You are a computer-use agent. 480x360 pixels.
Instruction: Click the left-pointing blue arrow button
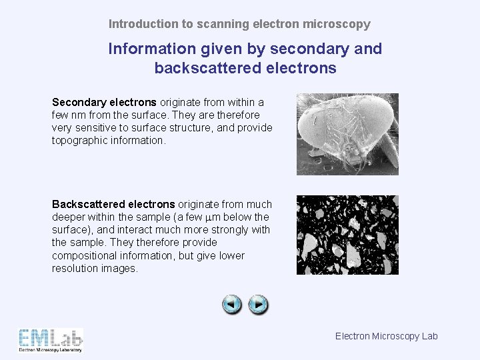pyautogui.click(x=231, y=305)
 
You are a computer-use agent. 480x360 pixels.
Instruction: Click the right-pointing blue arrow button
pyautogui.click(x=258, y=305)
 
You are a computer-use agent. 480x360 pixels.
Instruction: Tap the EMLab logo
pyautogui.click(x=51, y=339)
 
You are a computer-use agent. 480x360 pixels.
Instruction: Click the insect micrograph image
pyautogui.click(x=347, y=134)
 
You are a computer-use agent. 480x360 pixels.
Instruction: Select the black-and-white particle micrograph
pyautogui.click(x=347, y=235)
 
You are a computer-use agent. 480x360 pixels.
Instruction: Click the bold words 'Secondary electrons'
pyautogui.click(x=104, y=103)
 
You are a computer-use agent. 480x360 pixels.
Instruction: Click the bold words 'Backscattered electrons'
pyautogui.click(x=113, y=204)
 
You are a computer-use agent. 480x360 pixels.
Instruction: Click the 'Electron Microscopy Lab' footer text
pyautogui.click(x=386, y=336)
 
